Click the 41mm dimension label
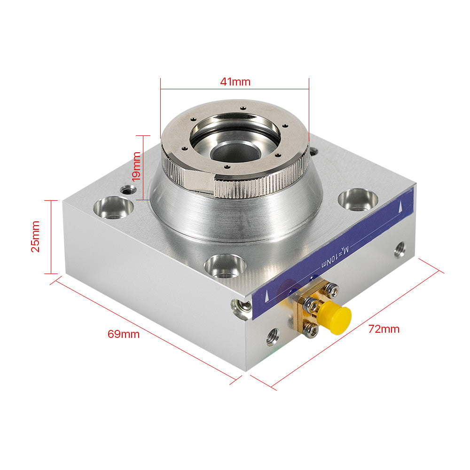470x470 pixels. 235,81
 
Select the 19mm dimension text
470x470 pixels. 136,166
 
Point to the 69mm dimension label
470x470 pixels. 124,334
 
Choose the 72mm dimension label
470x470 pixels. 384,329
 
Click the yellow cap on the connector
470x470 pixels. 335,320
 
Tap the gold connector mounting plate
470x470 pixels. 301,314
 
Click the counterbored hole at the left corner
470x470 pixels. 113,207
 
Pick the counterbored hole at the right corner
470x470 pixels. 358,199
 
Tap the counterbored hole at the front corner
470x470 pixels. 225,266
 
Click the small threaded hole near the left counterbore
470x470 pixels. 127,190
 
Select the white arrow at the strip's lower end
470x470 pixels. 266,296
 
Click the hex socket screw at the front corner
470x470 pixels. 242,307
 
